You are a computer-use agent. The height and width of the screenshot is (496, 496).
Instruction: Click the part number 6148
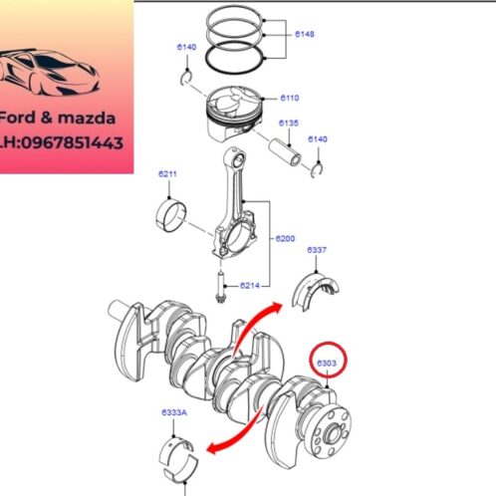[x=304, y=33]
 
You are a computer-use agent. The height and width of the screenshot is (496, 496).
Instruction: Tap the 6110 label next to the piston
[x=290, y=98]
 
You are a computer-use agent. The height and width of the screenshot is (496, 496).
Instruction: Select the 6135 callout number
[x=289, y=124]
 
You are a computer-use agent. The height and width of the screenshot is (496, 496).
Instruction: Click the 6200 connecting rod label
[x=286, y=239]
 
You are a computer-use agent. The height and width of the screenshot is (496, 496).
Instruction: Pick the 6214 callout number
[x=249, y=285]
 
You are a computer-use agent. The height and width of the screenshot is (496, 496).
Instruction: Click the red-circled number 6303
[x=327, y=364]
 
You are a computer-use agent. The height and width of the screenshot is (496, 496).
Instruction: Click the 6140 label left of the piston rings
[x=186, y=47]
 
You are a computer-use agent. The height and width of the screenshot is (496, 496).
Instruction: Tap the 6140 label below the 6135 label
[x=318, y=139]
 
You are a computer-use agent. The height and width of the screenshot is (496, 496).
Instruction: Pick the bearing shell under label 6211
[x=176, y=211]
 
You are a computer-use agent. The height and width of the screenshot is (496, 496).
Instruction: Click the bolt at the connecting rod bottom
[x=219, y=291]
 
